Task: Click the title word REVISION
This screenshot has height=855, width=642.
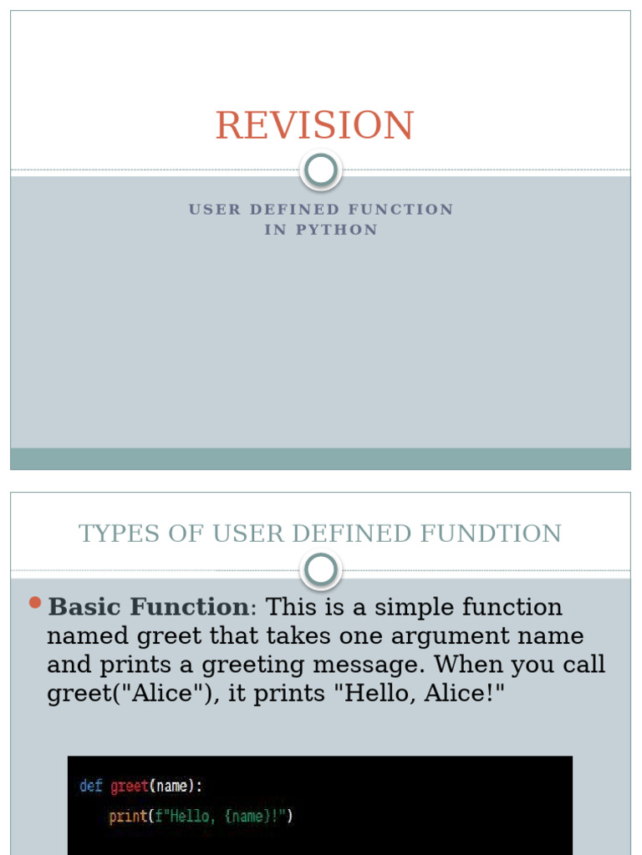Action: pyautogui.click(x=314, y=125)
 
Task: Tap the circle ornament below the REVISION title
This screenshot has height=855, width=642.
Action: pyautogui.click(x=320, y=170)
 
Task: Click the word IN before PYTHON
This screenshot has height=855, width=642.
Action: pyautogui.click(x=275, y=230)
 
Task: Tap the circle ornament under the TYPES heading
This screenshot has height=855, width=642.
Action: pyautogui.click(x=320, y=571)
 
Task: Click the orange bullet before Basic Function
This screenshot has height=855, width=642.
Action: pyautogui.click(x=34, y=602)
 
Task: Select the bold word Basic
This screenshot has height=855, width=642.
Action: pyautogui.click(x=86, y=607)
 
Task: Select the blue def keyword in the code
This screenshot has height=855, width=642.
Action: pyautogui.click(x=90, y=786)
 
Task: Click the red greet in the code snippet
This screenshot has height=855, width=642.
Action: pyautogui.click(x=129, y=786)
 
